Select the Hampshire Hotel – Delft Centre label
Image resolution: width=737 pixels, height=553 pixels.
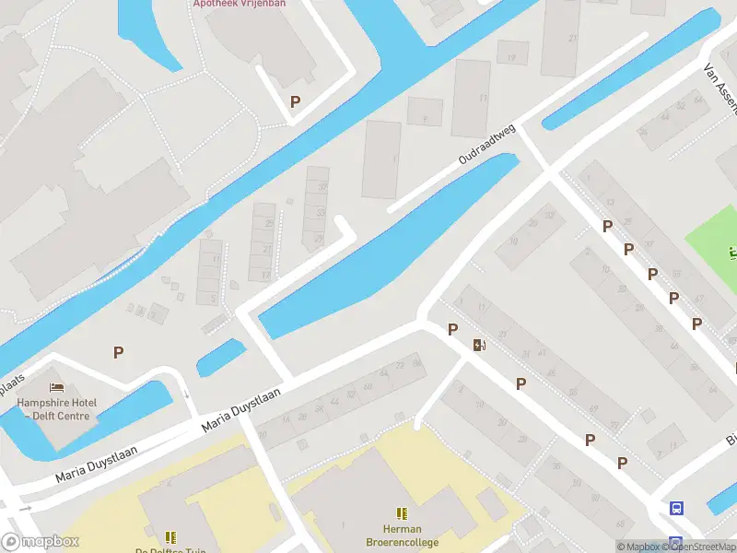pos(56,408)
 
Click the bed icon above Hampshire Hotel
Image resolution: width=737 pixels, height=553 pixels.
pos(57,387)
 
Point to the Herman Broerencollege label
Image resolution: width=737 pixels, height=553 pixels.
pos(401,535)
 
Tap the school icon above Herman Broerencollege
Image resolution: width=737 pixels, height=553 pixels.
pos(401,513)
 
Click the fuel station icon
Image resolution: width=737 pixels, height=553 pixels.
pos(479,346)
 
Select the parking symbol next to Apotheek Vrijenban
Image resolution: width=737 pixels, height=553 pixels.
pos(295,102)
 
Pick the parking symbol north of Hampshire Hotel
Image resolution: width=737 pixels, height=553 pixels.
pos(118,351)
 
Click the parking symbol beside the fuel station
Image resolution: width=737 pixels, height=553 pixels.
pos(452,329)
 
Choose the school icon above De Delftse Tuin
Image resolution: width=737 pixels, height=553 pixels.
pos(170,536)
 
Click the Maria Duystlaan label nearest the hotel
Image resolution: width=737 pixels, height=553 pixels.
pos(97,463)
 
